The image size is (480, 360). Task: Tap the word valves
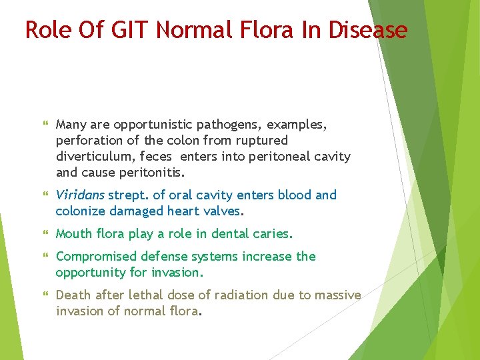pyautogui.click(x=223, y=211)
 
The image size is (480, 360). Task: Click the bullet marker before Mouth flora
pyautogui.click(x=45, y=234)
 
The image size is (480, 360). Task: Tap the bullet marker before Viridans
pyautogui.click(x=45, y=195)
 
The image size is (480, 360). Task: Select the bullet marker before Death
pyautogui.click(x=45, y=295)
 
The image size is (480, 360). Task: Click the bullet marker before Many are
pyautogui.click(x=45, y=125)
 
